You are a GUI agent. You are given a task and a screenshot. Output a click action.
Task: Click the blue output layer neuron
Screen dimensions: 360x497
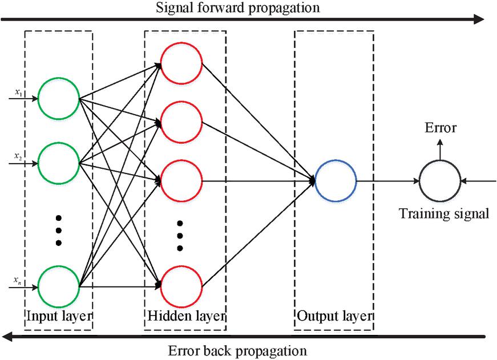tap(336, 181)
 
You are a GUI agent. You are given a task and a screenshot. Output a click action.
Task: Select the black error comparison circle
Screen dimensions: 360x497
tap(439, 181)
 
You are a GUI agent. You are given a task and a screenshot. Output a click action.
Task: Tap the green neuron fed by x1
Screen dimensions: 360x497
tap(58, 98)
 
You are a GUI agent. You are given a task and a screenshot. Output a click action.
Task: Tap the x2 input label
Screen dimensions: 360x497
tap(19, 155)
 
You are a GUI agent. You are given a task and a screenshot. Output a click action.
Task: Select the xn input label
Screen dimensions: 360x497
tap(19, 280)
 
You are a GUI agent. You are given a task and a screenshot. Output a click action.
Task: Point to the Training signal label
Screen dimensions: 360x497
tap(444, 215)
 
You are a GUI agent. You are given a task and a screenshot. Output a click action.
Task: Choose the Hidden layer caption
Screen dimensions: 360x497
tap(185, 316)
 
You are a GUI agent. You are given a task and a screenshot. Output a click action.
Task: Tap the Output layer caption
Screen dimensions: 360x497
tap(334, 316)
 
